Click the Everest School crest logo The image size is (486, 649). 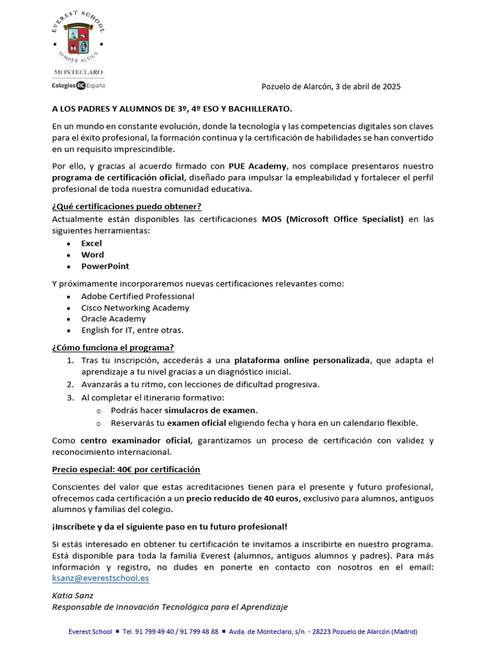coord(78,38)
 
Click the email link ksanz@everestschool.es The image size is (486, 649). coord(100,578)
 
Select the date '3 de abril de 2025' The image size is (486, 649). coord(364,86)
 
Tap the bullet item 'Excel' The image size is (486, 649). coord(91,243)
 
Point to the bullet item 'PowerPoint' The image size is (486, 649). coord(105,266)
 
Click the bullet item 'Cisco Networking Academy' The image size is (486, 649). coord(135,307)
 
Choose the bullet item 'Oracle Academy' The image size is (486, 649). coord(113,319)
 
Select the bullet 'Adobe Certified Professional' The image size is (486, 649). coord(137,296)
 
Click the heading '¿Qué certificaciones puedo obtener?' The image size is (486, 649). coord(127,207)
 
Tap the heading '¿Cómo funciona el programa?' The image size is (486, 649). coord(113,347)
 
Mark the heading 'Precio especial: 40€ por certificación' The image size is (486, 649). coord(126,469)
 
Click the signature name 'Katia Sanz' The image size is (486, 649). coord(72,596)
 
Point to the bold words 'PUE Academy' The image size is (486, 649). coord(258,166)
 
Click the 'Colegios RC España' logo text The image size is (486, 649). coord(78,85)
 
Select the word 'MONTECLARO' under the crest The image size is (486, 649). coord(78,72)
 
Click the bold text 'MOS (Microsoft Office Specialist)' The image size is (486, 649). coord(332,219)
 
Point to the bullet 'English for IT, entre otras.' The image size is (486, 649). coord(132,330)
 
